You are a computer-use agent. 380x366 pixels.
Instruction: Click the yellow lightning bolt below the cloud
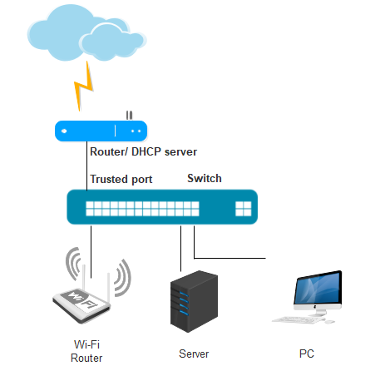[x=83, y=87]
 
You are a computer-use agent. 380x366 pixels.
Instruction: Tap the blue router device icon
[x=101, y=131]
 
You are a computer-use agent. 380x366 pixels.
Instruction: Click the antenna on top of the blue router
[x=129, y=116]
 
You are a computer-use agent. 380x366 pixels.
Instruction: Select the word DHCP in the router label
[x=146, y=151]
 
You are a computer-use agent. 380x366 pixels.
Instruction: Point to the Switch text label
[x=205, y=178]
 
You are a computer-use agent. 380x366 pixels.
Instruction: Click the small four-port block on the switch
[x=244, y=209]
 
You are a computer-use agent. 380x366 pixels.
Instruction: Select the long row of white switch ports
[x=142, y=209]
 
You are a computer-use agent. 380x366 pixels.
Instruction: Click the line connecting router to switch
[x=87, y=166]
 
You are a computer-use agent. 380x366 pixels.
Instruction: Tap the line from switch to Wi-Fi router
[x=91, y=252]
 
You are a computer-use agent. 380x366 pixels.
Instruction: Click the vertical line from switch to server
[x=181, y=249]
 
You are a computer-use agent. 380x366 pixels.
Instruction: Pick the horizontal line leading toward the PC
[x=229, y=258]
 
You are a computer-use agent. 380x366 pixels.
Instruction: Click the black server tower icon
[x=194, y=301]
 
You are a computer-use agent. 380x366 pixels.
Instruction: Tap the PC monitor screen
[x=318, y=288]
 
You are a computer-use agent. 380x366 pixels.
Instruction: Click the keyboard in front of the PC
[x=298, y=319]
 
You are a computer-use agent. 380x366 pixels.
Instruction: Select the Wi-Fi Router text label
[x=86, y=351]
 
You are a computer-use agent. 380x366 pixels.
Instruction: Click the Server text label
[x=194, y=354]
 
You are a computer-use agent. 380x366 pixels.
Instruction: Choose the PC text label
[x=307, y=354]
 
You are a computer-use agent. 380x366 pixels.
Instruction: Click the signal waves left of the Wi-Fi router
[x=73, y=264]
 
